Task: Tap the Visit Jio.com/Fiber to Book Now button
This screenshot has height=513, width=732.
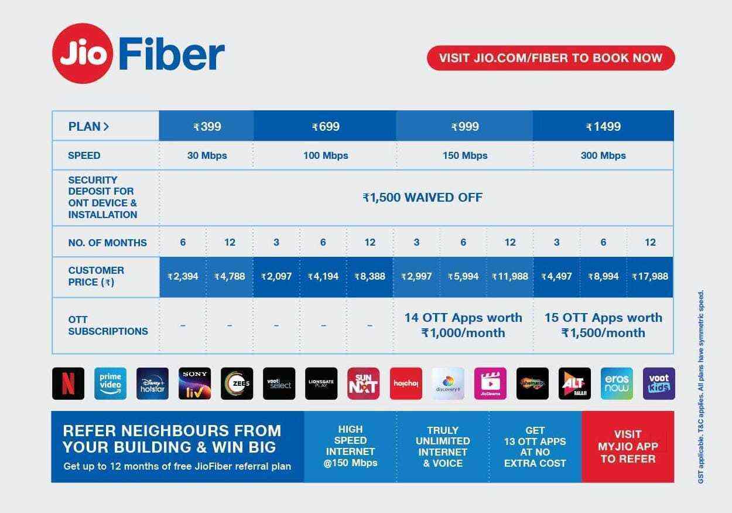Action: click(x=550, y=58)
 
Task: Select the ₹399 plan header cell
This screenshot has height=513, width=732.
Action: click(x=206, y=126)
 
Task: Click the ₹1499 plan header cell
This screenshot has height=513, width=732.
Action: click(x=603, y=126)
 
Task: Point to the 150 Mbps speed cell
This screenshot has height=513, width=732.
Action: click(x=465, y=155)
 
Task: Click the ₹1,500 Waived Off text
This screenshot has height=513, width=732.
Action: click(x=422, y=198)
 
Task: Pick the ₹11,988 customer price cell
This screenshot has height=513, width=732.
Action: click(x=510, y=276)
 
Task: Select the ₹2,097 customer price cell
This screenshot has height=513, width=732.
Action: click(x=276, y=276)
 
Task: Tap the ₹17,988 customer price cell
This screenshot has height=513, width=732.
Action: click(x=650, y=276)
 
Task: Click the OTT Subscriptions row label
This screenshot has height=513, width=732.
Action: click(x=108, y=325)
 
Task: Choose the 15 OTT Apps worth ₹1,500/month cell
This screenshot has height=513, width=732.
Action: click(x=603, y=325)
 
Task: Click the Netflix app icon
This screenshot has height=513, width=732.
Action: click(x=69, y=383)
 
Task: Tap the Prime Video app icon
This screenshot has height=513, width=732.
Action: click(x=111, y=383)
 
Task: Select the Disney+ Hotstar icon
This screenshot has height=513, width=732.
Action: click(x=152, y=383)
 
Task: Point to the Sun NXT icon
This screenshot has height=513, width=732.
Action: click(x=363, y=383)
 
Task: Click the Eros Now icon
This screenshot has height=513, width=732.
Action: click(x=617, y=383)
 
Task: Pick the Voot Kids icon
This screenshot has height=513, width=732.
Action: click(x=659, y=383)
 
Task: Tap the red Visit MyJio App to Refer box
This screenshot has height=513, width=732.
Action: click(x=628, y=447)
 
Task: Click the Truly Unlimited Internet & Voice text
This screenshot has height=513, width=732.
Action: click(x=443, y=447)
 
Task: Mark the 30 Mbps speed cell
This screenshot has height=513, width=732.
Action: click(x=206, y=155)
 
